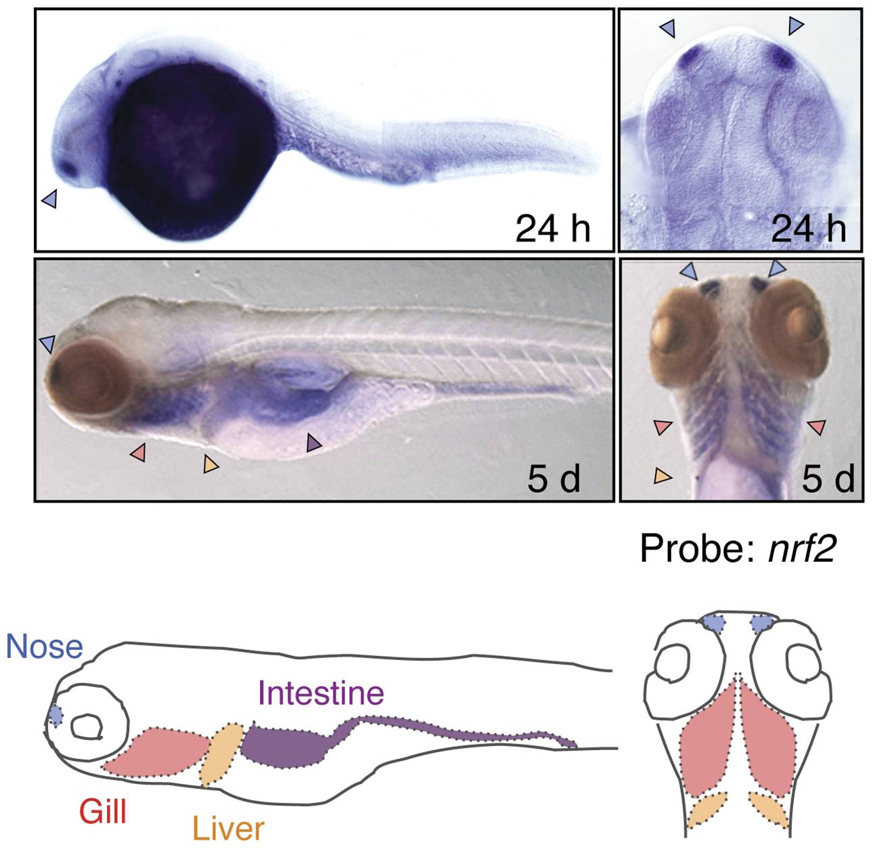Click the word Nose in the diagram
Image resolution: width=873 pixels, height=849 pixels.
pyautogui.click(x=45, y=647)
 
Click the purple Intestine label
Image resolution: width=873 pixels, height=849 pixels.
pyautogui.click(x=321, y=693)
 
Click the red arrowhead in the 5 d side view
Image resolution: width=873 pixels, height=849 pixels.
pyautogui.click(x=138, y=452)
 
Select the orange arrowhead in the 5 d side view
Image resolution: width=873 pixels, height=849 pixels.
pyautogui.click(x=211, y=464)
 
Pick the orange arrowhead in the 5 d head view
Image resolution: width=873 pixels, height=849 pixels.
pyautogui.click(x=663, y=476)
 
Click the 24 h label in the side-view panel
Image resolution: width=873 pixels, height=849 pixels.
pyautogui.click(x=553, y=229)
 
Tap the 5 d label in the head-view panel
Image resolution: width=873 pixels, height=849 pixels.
pyautogui.click(x=828, y=479)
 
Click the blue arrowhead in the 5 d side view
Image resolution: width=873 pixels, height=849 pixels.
pyautogui.click(x=47, y=344)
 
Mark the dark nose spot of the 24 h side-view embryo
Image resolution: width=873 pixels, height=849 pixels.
pyautogui.click(x=69, y=169)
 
